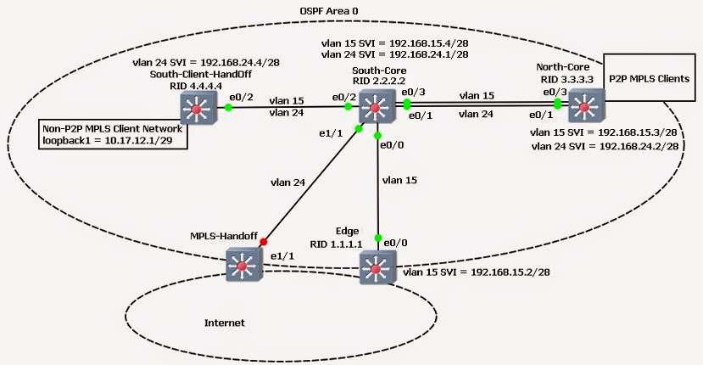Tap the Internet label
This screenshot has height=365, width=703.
pos(225,323)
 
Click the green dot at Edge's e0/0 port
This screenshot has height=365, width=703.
pos(379,238)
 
